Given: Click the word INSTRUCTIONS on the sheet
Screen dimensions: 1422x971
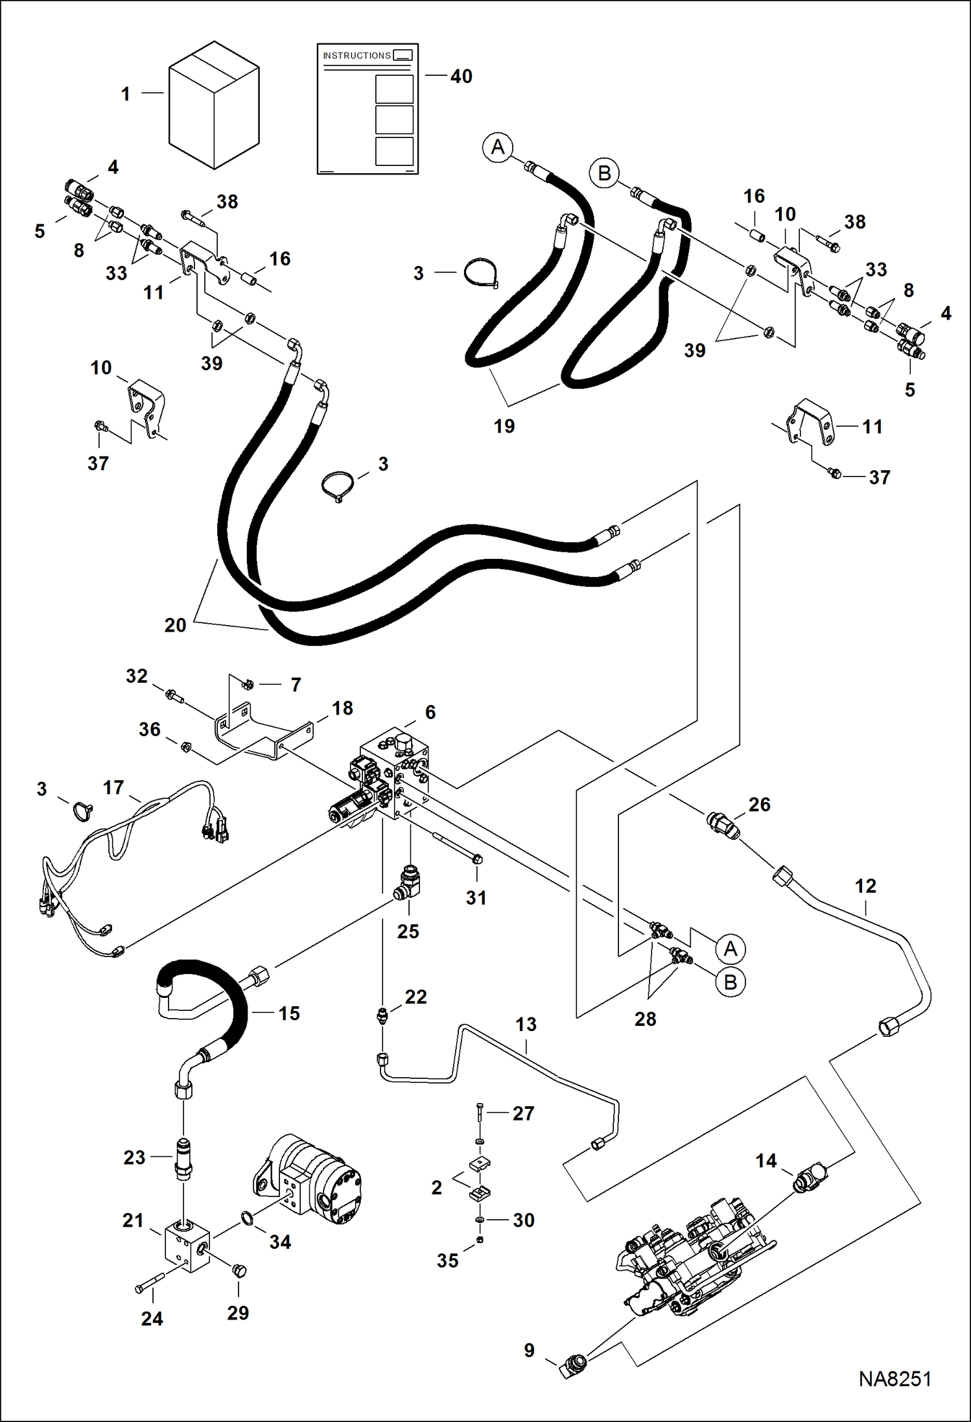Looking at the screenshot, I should click(357, 56).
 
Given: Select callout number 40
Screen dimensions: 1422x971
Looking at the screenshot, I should click(461, 77).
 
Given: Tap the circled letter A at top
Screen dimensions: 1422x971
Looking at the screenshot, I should click(498, 147).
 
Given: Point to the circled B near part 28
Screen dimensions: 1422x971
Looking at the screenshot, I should click(731, 982).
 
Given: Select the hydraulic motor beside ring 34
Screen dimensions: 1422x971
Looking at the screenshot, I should click(311, 1180).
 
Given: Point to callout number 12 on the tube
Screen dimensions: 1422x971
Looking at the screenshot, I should click(865, 886).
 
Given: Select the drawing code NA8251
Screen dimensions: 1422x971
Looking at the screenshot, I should click(895, 1379).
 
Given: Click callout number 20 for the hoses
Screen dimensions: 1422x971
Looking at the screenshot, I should click(175, 625).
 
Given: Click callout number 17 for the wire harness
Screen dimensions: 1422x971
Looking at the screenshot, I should click(113, 787).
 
